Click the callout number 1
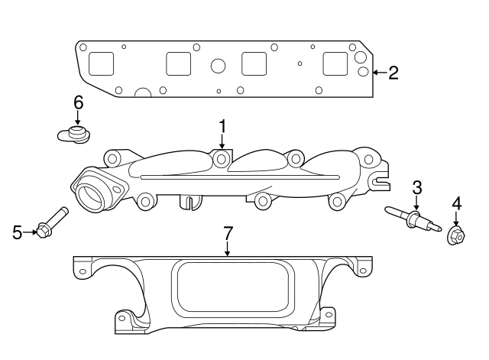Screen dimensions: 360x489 point(222,125)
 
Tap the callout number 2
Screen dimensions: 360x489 point(393,73)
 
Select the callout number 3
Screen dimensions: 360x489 point(416,186)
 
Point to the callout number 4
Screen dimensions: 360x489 point(456,203)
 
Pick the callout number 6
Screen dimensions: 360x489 point(77,102)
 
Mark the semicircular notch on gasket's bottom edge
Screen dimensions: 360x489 point(143,93)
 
